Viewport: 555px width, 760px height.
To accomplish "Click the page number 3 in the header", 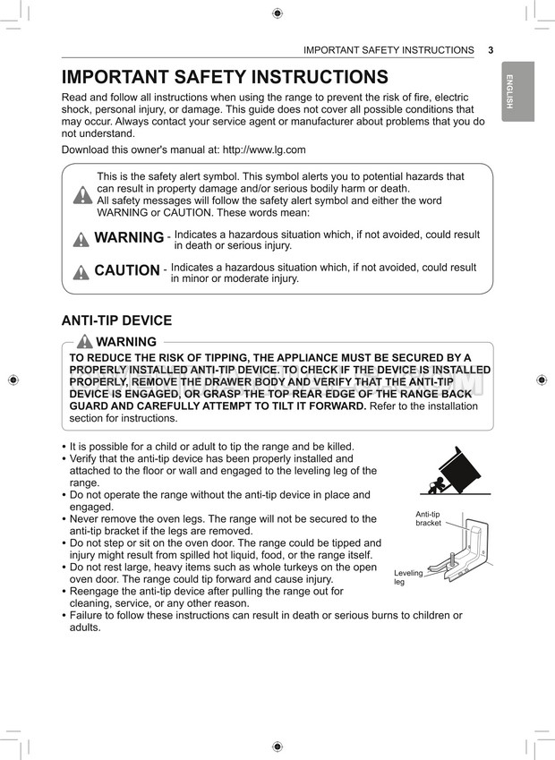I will [x=491, y=50].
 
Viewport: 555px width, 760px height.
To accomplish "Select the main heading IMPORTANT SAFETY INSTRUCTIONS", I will [x=224, y=77].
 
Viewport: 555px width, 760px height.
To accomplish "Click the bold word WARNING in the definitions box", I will [x=129, y=237].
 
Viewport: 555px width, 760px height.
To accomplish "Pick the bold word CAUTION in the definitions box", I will [x=127, y=270].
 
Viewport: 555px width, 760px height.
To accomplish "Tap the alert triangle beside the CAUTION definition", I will [x=81, y=271].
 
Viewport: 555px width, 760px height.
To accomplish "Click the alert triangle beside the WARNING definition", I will [x=81, y=238].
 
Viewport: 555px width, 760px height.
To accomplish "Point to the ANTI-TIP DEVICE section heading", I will [x=116, y=320].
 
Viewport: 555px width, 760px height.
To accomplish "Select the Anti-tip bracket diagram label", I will [x=428, y=518].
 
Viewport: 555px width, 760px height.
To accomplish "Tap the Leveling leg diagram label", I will [x=407, y=577].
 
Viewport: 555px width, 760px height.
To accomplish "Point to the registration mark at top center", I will [x=277, y=13].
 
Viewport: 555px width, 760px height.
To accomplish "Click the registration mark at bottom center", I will [x=277, y=746].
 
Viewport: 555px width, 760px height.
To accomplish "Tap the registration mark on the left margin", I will [x=13, y=380].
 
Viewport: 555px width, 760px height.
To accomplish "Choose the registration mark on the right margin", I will [x=542, y=380].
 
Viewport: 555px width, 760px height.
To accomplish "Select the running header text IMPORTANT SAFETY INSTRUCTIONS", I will [x=388, y=50].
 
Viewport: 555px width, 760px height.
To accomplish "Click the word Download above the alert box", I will [x=88, y=149].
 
